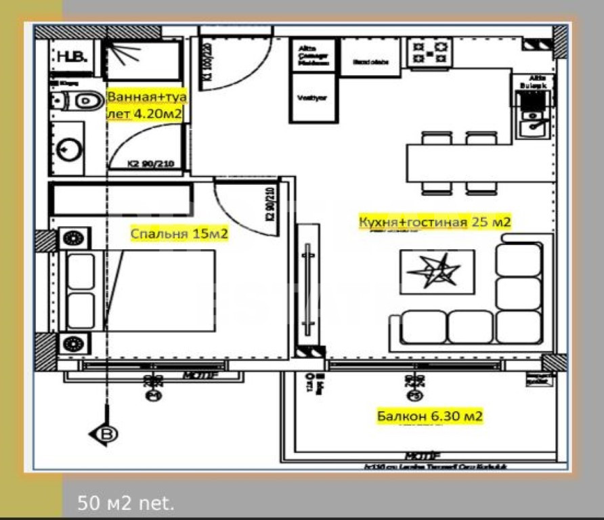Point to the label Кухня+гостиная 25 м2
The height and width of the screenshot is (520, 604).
[x=434, y=222]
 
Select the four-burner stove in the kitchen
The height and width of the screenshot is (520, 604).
[x=431, y=53]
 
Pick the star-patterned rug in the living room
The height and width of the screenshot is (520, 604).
[x=437, y=272]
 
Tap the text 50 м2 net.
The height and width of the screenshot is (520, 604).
[x=126, y=503]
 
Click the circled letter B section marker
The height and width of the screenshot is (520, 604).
[x=107, y=434]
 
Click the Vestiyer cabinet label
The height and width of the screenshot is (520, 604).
[x=312, y=97]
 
